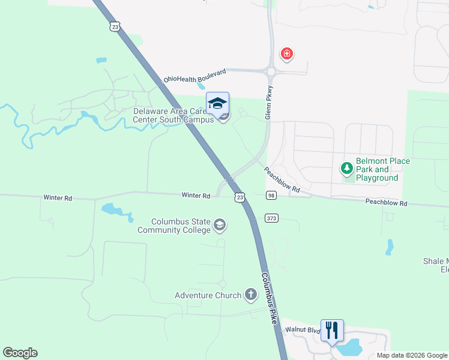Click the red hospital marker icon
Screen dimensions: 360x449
pyautogui.click(x=287, y=55)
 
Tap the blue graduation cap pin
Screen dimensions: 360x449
pyautogui.click(x=217, y=103)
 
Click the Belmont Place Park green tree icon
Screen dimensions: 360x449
pyautogui.click(x=347, y=169)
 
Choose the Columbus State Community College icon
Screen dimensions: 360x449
pyautogui.click(x=220, y=225)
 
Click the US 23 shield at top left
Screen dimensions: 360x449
pyautogui.click(x=115, y=26)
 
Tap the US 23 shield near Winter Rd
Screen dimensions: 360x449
pyautogui.click(x=240, y=197)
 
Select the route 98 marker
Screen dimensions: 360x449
pyautogui.click(x=271, y=196)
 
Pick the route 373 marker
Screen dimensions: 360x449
pyautogui.click(x=271, y=218)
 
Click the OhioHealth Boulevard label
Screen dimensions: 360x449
pyautogui.click(x=195, y=76)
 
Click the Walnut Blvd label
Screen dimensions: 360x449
pyautogui.click(x=300, y=329)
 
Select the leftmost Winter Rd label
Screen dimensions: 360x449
pyautogui.click(x=58, y=197)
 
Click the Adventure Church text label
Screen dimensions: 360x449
pyautogui.click(x=208, y=295)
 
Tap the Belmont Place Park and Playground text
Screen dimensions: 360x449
pyautogui.click(x=383, y=169)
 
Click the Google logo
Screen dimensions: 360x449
pyautogui.click(x=20, y=353)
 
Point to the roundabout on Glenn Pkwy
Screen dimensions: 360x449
pyautogui.click(x=271, y=71)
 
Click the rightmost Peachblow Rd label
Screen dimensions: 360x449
pyautogui.click(x=386, y=203)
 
